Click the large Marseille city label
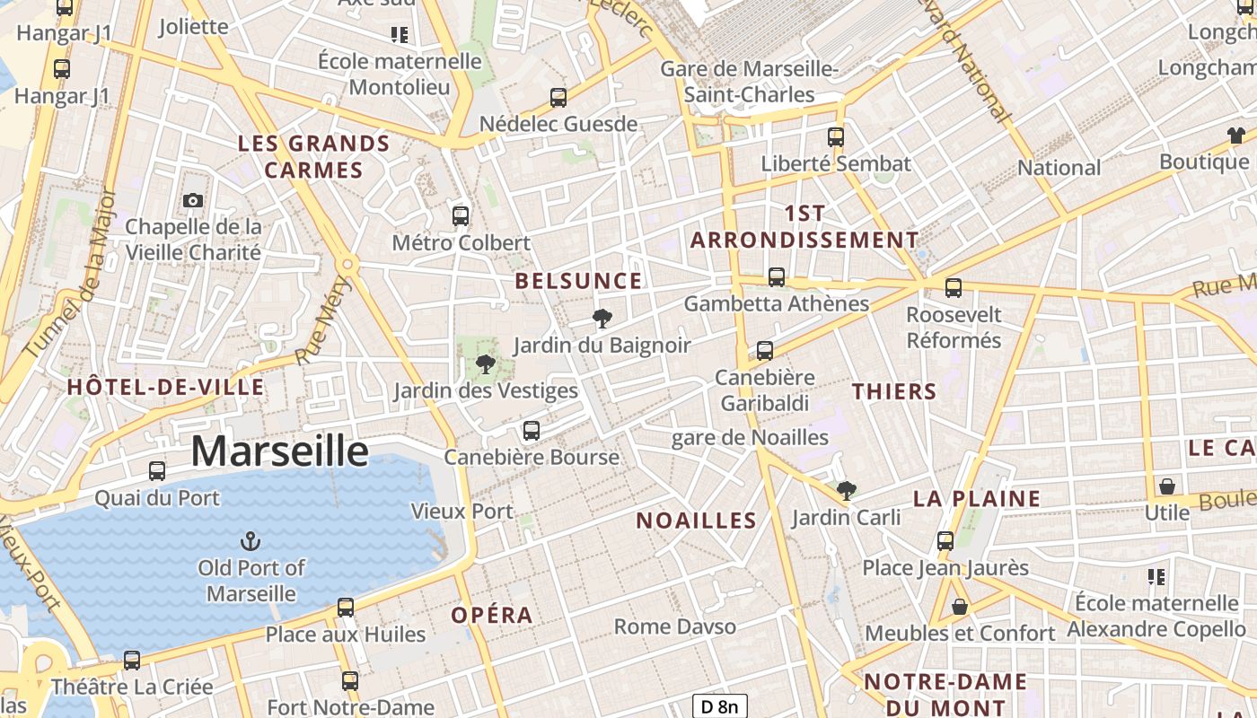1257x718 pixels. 279,451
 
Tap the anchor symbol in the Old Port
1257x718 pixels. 251,540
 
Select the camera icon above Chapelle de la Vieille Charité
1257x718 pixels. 193,200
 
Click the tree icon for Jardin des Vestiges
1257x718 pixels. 486,364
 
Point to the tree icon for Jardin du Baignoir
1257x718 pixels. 602,318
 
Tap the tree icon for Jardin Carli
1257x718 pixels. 846,490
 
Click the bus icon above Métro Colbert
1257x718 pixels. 461,215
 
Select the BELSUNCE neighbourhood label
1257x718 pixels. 578,281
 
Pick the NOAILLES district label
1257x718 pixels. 696,521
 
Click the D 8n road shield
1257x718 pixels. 720,706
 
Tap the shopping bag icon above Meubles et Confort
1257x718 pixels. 960,607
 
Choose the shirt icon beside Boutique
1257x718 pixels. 1236,136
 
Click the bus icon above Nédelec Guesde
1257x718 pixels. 558,97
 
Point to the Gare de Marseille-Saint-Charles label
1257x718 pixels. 750,82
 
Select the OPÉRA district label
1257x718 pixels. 492,616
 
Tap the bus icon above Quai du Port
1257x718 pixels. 157,470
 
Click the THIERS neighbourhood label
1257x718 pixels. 894,391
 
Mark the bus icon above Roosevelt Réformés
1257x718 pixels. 953,288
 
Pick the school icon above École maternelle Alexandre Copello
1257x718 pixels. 1156,576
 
